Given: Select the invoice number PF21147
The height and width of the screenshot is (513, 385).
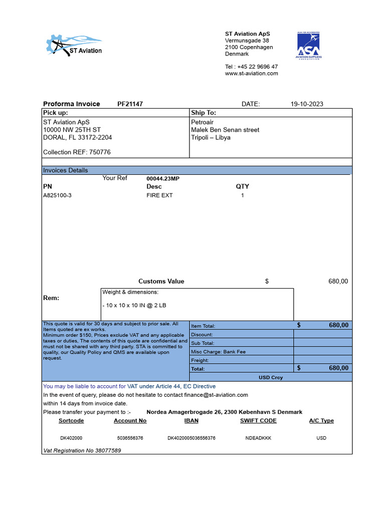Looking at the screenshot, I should click(x=130, y=104).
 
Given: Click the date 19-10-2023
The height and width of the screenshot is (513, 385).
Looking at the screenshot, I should click(x=307, y=104).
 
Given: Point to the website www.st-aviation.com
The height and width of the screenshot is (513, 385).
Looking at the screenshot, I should click(x=251, y=74).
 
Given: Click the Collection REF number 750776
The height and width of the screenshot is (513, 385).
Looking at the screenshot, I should click(x=100, y=152).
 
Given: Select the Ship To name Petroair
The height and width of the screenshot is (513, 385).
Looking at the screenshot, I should click(x=202, y=122).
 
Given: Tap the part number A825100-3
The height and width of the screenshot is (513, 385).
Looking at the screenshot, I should click(x=58, y=195).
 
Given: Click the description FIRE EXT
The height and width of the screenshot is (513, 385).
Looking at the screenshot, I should click(x=159, y=195).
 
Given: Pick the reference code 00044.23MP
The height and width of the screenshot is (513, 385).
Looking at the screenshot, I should click(x=163, y=178).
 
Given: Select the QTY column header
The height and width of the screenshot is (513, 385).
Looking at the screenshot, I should click(x=243, y=186).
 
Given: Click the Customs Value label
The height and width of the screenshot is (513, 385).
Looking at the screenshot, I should click(x=161, y=282).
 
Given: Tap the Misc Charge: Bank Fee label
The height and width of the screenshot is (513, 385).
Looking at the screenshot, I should click(x=218, y=352).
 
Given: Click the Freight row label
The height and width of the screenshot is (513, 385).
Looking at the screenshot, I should click(x=200, y=360).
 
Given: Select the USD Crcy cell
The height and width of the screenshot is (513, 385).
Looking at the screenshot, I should click(x=270, y=377).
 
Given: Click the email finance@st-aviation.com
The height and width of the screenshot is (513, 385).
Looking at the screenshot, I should click(x=217, y=395).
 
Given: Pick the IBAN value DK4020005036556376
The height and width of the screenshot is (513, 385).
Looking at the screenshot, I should click(x=191, y=438).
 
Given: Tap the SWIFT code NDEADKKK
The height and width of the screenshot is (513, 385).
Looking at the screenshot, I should click(x=258, y=438).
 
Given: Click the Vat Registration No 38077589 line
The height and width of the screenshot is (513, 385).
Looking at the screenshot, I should click(x=82, y=450).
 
